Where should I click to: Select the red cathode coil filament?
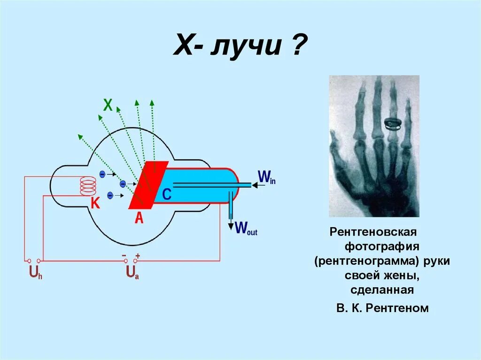tap(88, 186)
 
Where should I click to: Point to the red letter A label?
tap(139, 217)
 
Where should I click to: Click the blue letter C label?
tap(167, 195)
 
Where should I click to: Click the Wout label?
tap(246, 228)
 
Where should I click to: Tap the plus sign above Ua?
tap(137, 256)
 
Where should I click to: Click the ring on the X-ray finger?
tap(393, 124)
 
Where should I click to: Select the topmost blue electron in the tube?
tap(102, 174)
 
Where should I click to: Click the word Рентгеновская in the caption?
tap(373, 232)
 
